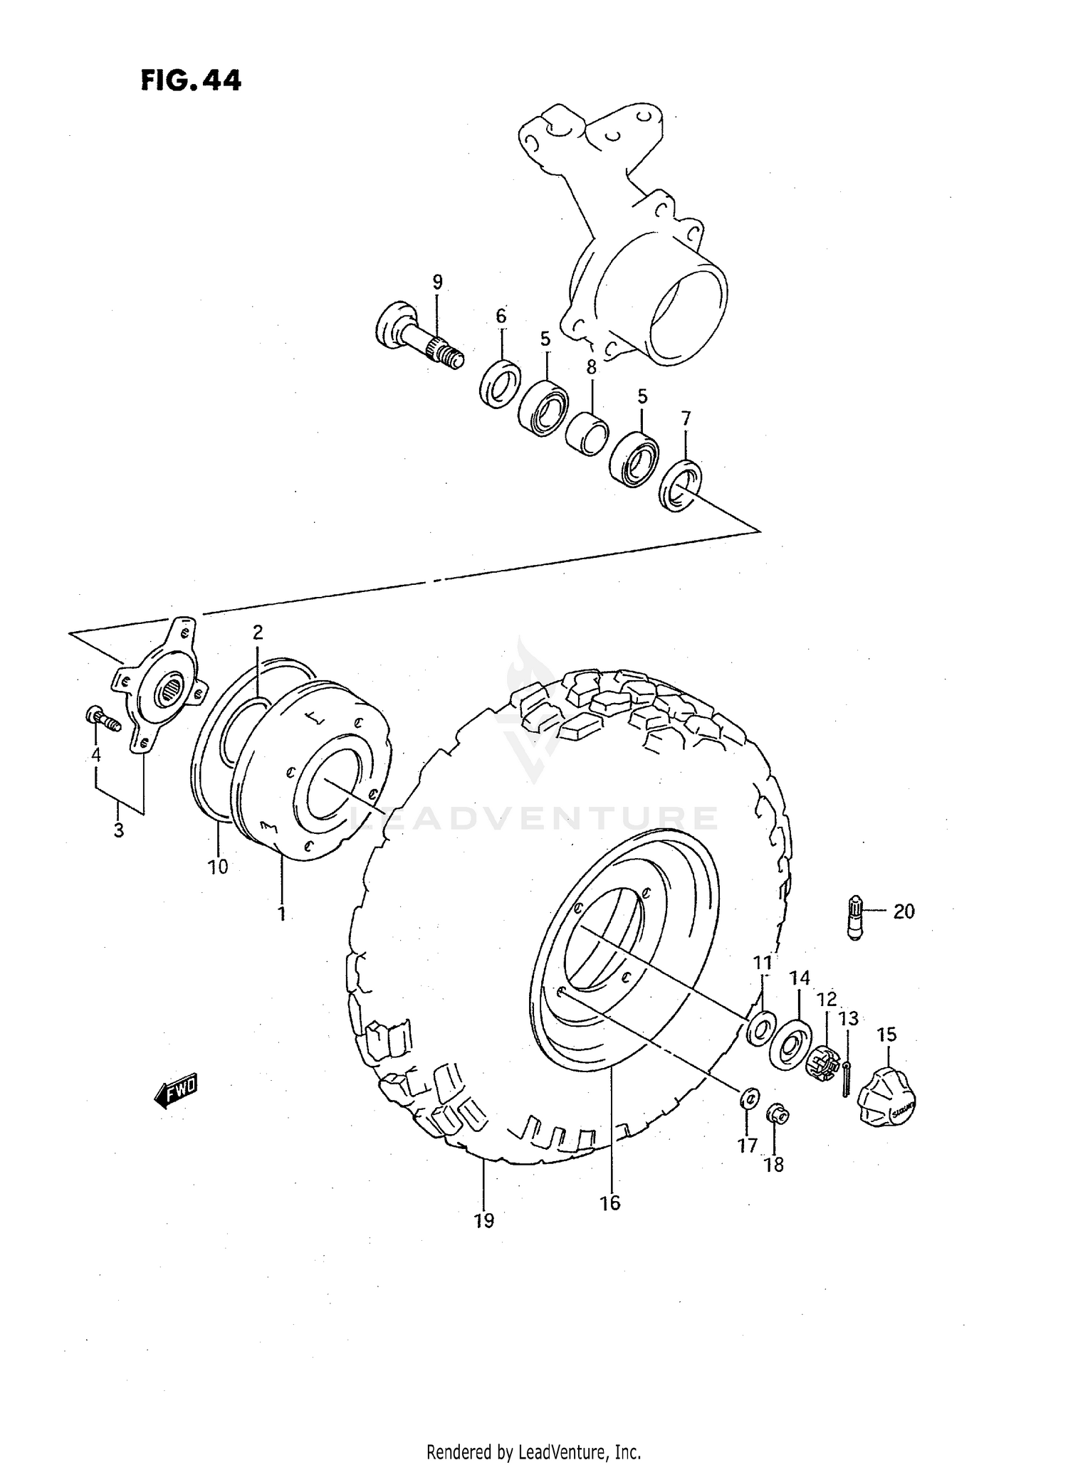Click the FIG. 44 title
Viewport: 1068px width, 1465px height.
click(x=191, y=80)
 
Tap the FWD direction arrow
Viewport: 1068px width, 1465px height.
click(x=176, y=1091)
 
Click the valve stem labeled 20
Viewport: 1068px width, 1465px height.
click(x=855, y=919)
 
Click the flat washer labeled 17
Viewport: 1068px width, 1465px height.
click(x=748, y=1099)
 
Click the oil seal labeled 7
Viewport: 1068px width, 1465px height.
click(x=680, y=485)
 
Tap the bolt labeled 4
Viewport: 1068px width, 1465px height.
click(x=103, y=719)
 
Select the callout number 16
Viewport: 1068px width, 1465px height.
click(x=610, y=1202)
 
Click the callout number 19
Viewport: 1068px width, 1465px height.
click(x=483, y=1221)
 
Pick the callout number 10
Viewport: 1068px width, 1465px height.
click(x=218, y=866)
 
